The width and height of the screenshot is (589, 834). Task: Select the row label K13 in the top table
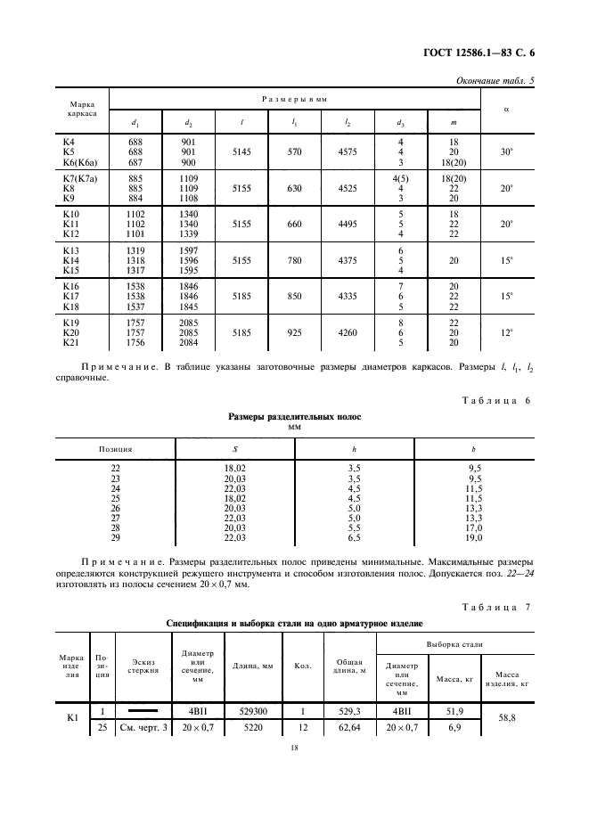click(x=70, y=252)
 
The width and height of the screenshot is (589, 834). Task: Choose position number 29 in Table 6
click(x=115, y=538)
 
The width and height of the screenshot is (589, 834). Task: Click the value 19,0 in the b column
click(x=474, y=538)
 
